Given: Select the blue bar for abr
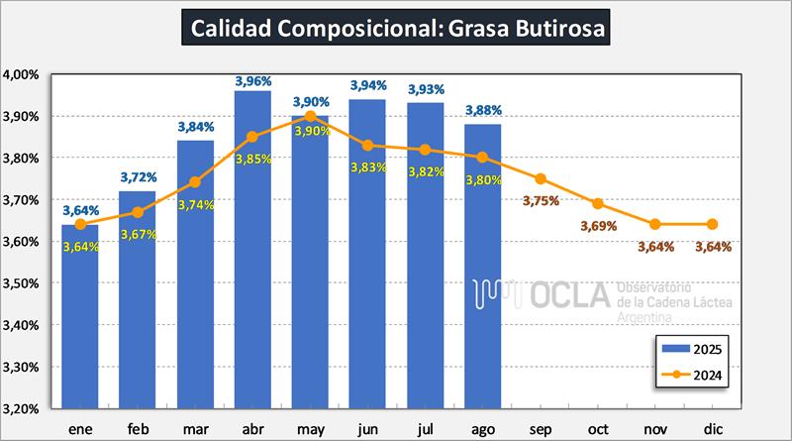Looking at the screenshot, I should (252, 248).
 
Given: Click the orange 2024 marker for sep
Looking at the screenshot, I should (540, 178).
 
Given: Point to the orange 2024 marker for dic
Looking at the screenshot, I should (712, 224).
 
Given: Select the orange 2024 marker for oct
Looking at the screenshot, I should (597, 203).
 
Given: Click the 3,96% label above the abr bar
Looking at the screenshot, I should (252, 81).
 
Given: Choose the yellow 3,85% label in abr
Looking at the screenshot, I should (252, 160).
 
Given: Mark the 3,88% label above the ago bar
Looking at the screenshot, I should (482, 111).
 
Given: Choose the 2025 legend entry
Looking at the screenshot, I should (692, 349).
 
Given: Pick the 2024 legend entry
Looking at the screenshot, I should (692, 375).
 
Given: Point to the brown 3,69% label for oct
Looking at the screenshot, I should (597, 226).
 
